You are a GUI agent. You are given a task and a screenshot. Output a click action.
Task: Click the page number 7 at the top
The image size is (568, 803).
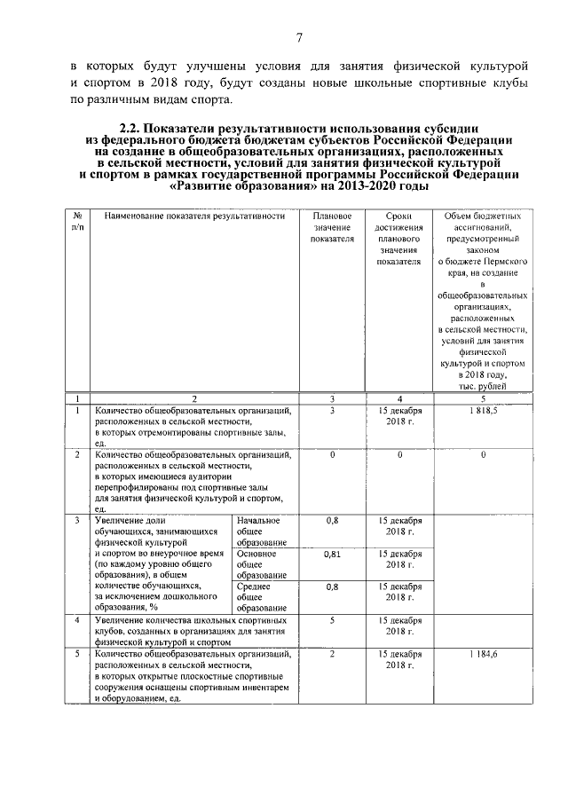300,37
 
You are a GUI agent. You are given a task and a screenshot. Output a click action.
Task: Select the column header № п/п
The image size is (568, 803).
78,222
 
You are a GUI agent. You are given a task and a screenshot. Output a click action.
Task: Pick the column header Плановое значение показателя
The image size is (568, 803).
332,227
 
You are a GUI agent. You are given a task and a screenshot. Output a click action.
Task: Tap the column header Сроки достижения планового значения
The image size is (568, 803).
398,239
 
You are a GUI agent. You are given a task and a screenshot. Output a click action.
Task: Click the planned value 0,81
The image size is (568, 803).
332,555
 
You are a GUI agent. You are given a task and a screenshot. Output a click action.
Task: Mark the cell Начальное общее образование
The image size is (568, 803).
260,531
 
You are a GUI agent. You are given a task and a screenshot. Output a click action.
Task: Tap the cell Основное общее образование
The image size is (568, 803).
260,564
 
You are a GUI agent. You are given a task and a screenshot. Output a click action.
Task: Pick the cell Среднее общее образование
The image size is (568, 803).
260,597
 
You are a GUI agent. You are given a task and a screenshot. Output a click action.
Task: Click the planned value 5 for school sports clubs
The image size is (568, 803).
332,620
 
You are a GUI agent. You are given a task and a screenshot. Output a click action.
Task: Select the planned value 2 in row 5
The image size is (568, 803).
332,654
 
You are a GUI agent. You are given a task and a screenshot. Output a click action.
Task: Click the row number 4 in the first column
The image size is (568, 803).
78,620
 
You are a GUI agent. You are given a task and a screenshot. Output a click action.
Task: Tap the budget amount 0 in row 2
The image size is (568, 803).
483,454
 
